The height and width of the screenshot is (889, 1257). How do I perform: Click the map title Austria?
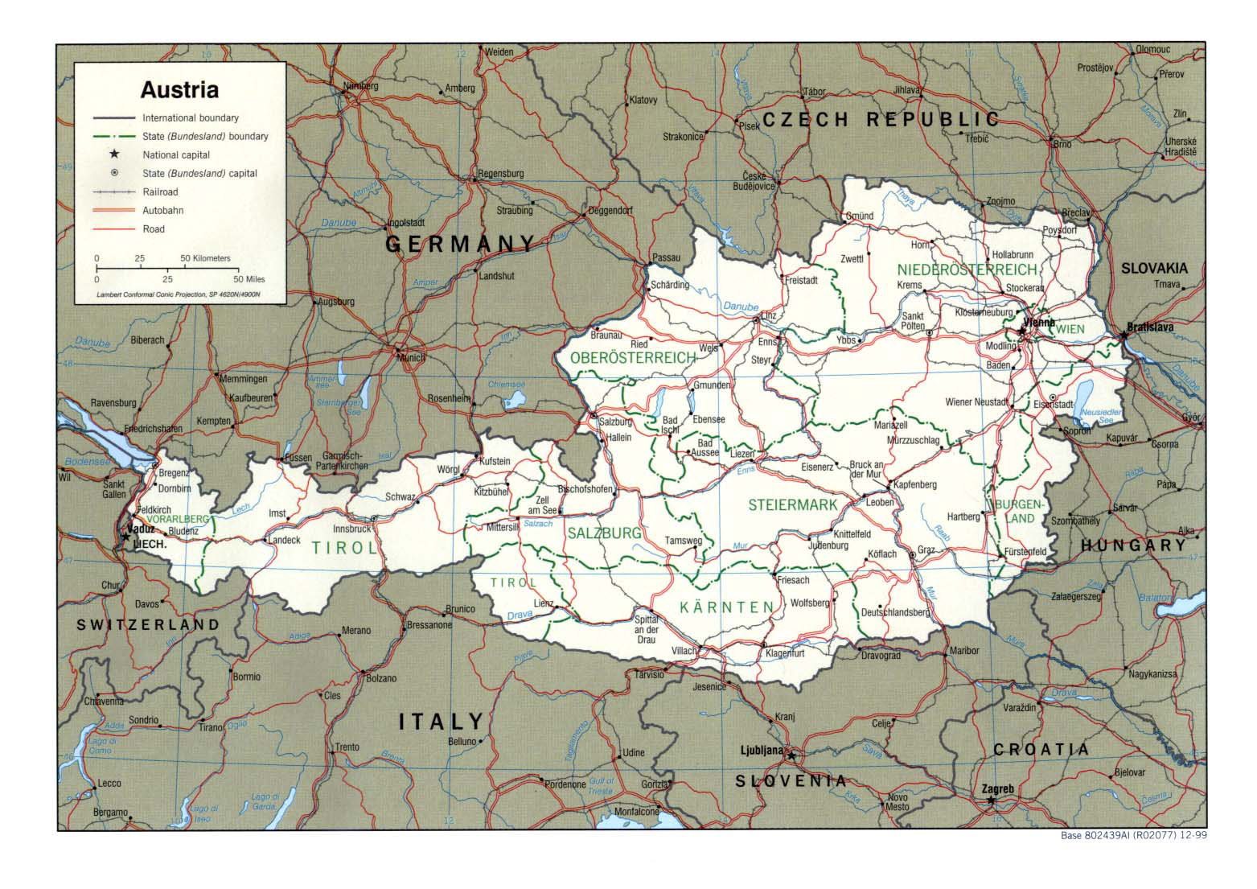click(180, 89)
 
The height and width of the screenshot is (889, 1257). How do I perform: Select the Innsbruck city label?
click(351, 529)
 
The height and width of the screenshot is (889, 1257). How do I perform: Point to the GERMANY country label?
click(461, 243)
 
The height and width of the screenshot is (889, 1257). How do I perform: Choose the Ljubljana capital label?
click(761, 751)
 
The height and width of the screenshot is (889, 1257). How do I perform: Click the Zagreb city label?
click(997, 788)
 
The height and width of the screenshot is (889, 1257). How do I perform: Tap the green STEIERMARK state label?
click(793, 505)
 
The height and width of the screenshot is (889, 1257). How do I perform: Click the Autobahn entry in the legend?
click(163, 211)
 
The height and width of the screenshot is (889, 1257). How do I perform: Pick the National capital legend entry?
click(176, 154)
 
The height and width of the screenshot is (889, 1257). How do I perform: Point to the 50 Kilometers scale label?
click(205, 258)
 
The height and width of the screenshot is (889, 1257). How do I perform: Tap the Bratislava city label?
click(1151, 327)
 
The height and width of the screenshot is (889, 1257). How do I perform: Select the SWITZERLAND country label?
click(148, 624)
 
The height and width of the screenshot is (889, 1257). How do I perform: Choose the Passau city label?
click(667, 257)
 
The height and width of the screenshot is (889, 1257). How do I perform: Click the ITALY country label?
click(442, 721)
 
